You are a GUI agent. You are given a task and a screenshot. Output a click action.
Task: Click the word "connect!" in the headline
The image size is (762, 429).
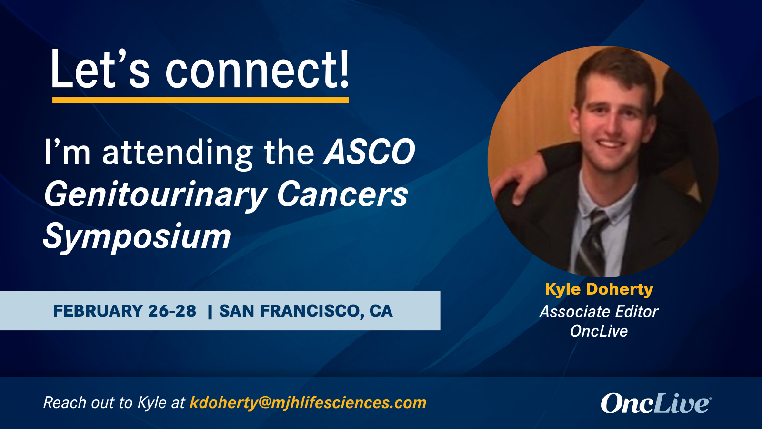pyautogui.click(x=258, y=70)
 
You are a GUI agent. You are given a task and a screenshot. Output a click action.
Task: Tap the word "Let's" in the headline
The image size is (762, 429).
pyautogui.click(x=100, y=70)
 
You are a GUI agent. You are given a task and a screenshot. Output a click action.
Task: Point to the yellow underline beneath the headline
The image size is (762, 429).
pyautogui.click(x=201, y=100)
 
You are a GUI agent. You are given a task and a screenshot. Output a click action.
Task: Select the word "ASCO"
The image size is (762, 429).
pyautogui.click(x=370, y=152)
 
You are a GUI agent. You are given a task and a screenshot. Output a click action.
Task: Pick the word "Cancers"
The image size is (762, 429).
pyautogui.click(x=342, y=194)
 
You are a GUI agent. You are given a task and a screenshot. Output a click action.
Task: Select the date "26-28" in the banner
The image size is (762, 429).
pyautogui.click(x=172, y=311)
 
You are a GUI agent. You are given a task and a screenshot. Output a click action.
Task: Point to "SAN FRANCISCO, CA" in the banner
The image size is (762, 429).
pyautogui.click(x=306, y=311)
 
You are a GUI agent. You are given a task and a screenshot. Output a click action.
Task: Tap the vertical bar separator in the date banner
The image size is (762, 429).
pyautogui.click(x=210, y=312)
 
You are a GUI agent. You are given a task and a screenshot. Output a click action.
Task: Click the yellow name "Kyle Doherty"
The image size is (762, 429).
pyautogui.click(x=599, y=290)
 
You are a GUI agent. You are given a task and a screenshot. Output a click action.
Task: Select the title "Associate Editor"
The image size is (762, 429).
pyautogui.click(x=599, y=312)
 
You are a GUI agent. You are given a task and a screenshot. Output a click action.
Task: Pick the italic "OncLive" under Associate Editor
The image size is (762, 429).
pyautogui.click(x=599, y=331)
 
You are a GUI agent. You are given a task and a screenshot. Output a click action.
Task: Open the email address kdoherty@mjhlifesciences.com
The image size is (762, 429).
pyautogui.click(x=308, y=403)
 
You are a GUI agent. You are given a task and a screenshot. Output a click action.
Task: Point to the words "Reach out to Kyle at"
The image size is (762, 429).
pyautogui.click(x=114, y=403)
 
